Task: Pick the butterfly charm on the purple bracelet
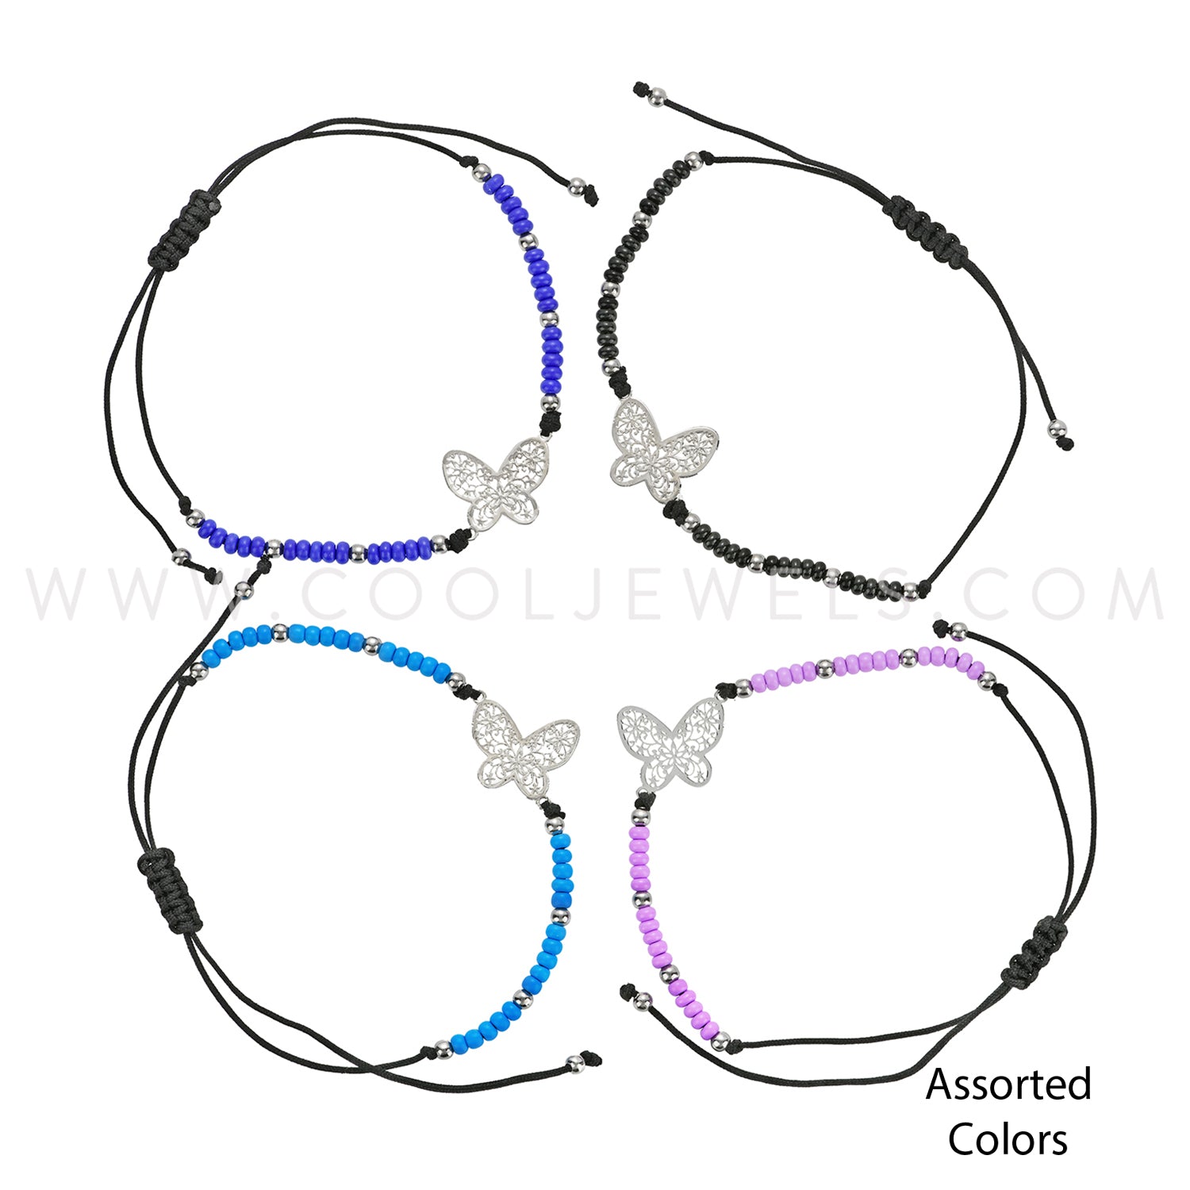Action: pos(670,746)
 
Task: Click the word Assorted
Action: pos(1008,1084)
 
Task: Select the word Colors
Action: pos(1008,1140)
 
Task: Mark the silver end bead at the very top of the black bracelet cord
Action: pos(656,97)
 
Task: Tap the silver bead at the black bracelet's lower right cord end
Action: pos(1057,431)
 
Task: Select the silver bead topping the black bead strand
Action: pos(693,160)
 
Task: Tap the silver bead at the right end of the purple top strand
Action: pos(986,681)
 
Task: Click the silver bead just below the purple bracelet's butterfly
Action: pos(640,817)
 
